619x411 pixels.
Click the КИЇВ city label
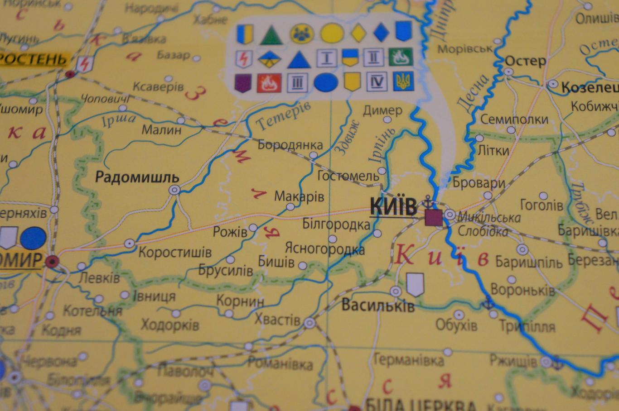click(x=393, y=207)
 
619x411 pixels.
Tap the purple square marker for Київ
click(x=434, y=218)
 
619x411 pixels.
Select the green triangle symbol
click(x=271, y=35)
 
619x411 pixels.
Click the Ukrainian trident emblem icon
click(x=402, y=81)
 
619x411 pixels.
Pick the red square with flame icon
click(x=269, y=83)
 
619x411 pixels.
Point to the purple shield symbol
click(x=243, y=83)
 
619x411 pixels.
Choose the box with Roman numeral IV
click(x=376, y=81)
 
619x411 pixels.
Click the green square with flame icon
click(x=401, y=57)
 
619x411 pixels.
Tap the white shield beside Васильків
click(x=415, y=284)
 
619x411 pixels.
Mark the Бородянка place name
click(x=290, y=145)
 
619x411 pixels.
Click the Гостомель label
click(x=348, y=175)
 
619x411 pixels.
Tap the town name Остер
click(x=526, y=61)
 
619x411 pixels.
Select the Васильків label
click(x=377, y=306)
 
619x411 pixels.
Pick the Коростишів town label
click(x=174, y=252)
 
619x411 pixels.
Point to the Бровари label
click(x=479, y=183)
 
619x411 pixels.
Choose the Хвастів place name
click(x=277, y=320)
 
